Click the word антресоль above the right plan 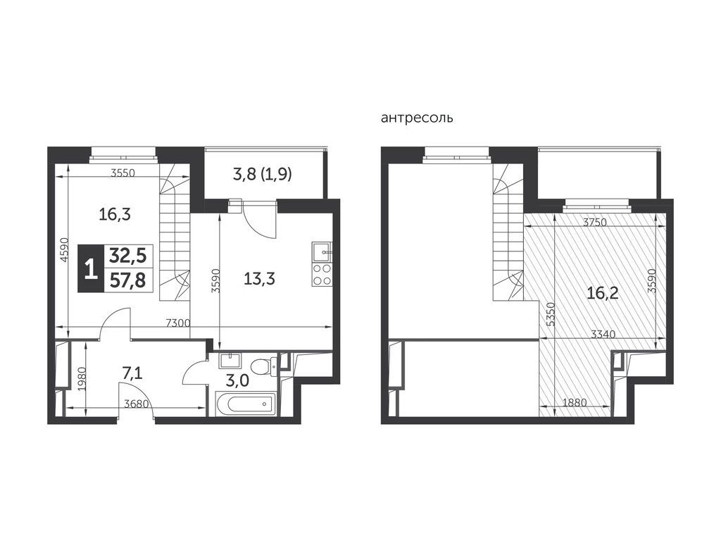pos(417,118)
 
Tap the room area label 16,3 pos(115,214)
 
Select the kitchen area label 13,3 pos(259,278)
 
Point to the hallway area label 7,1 pos(132,373)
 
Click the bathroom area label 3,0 pos(238,380)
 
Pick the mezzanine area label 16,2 pos(603,292)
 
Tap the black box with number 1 pos(91,268)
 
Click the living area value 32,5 pos(127,256)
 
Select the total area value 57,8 pos(127,279)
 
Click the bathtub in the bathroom pos(245,404)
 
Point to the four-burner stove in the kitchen pos(322,274)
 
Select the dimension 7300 pos(178,323)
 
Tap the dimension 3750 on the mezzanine pos(595,223)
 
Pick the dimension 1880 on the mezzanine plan pos(575,402)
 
